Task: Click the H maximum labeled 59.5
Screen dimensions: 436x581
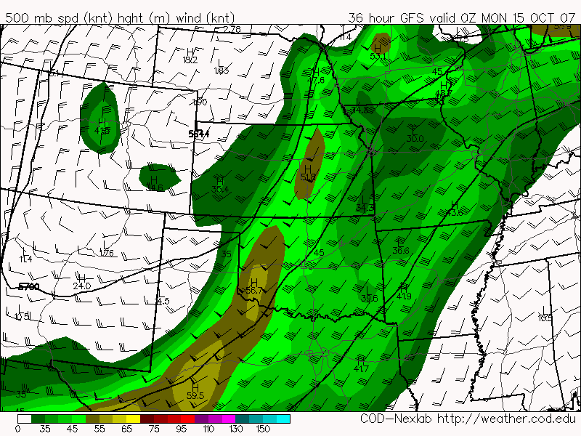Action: tap(195, 396)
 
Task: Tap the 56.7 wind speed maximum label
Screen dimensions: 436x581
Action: tap(253, 291)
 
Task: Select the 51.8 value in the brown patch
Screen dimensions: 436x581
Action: tap(308, 177)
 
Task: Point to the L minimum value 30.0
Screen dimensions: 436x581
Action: tap(415, 138)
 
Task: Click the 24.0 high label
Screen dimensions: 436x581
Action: tap(82, 286)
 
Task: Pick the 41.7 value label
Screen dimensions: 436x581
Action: tap(361, 369)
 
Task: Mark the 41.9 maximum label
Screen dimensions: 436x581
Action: tap(404, 296)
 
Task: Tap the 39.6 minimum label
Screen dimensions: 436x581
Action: tap(370, 298)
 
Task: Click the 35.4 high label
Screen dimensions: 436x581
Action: tap(220, 190)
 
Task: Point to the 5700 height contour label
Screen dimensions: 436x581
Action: tap(29, 288)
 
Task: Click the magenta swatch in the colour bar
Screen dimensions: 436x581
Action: tap(229, 419)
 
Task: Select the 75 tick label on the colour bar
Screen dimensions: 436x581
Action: tap(154, 429)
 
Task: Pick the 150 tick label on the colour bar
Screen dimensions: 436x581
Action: tap(263, 429)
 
